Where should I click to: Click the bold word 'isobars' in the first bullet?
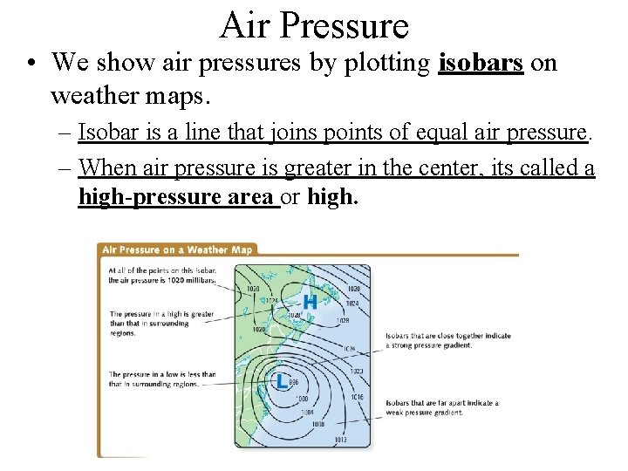click(481, 63)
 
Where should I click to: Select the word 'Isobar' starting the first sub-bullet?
click(105, 132)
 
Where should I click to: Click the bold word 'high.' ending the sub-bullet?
click(332, 197)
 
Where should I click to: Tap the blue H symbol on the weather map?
click(309, 302)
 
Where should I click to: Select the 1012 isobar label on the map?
click(341, 440)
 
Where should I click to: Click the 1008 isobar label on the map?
click(317, 424)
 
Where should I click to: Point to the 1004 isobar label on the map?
click(307, 412)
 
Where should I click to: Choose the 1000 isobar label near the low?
click(301, 398)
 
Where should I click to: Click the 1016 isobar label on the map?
click(357, 396)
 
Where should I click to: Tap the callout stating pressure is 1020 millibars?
click(161, 275)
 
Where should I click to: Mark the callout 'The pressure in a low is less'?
click(161, 379)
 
